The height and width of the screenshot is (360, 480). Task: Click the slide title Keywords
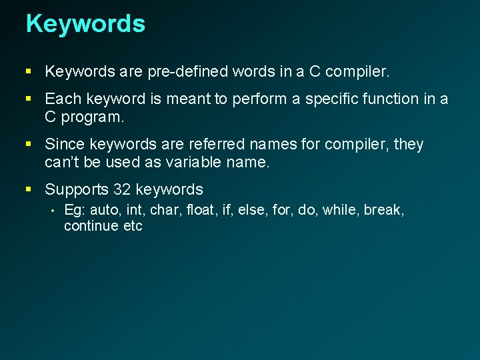[85, 23]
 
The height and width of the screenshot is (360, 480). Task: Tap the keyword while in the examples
[339, 210]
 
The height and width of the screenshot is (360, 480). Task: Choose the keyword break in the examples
[383, 210]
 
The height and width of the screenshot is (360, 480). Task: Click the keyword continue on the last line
[91, 226]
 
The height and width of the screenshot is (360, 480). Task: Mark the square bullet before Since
[29, 145]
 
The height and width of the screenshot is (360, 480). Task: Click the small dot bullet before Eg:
[51, 211]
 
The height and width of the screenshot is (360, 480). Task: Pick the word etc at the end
[133, 226]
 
